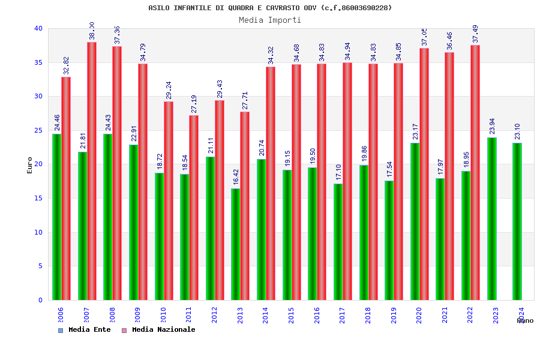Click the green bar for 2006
click(56, 217)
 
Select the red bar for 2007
click(92, 171)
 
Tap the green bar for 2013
click(235, 244)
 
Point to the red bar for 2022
click(475, 172)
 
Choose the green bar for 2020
click(415, 221)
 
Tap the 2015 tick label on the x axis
click(292, 316)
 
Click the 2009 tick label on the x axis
click(138, 316)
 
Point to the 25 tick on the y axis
click(38, 130)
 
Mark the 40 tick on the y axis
click(38, 28)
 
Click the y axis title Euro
click(30, 165)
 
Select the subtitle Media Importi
click(270, 20)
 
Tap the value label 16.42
click(236, 176)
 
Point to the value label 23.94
click(492, 126)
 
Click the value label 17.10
click(338, 172)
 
